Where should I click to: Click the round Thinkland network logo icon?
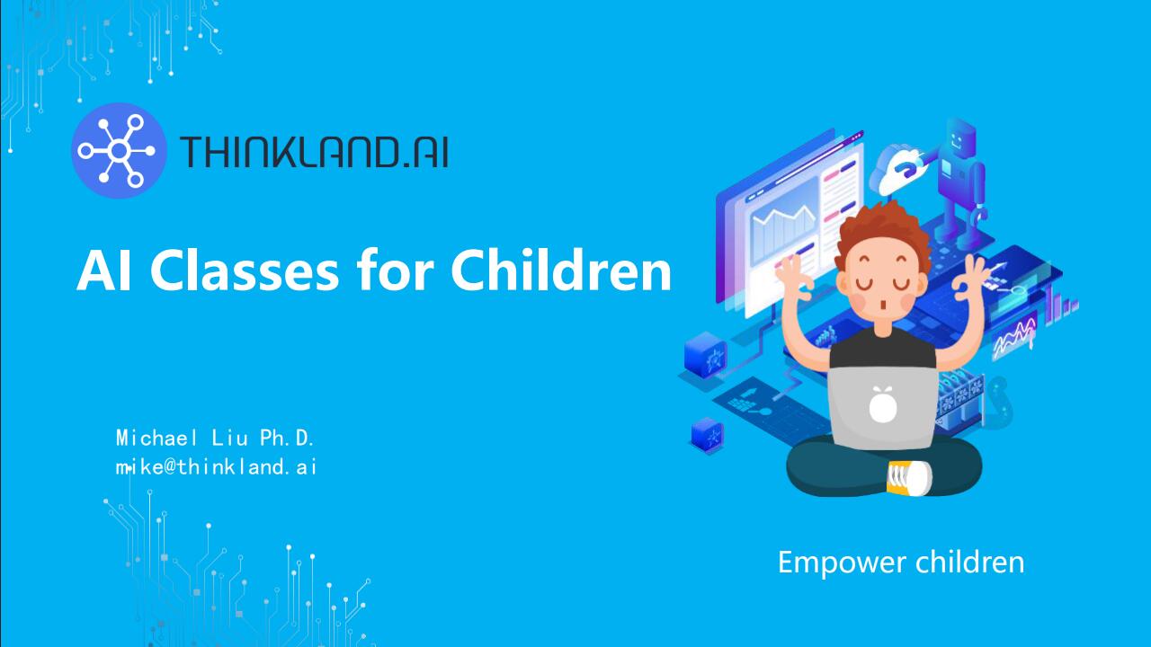click(118, 150)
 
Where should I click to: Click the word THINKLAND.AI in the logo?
click(314, 152)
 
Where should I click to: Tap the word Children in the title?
click(560, 270)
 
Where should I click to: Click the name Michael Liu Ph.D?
click(215, 439)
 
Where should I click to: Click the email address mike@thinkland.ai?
click(216, 467)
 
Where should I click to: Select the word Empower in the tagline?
click(828, 563)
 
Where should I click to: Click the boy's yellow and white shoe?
click(908, 477)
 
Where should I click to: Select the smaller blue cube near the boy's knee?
click(707, 436)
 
